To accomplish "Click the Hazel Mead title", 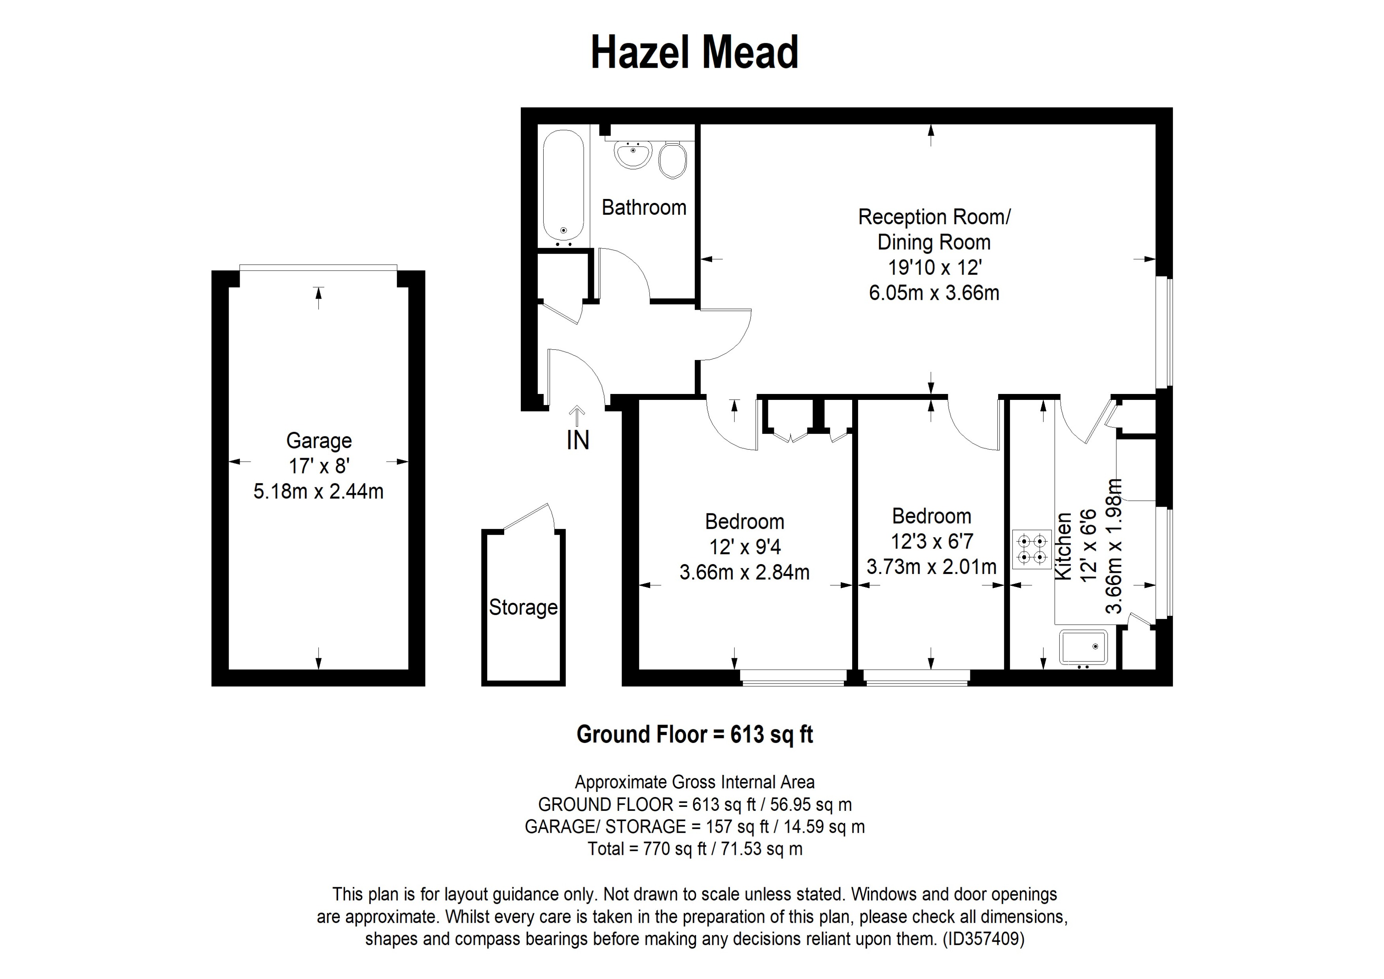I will point(694,53).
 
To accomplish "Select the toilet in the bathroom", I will point(672,160).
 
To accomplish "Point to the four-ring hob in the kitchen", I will point(1032,549).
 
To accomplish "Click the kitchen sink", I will point(1083,648).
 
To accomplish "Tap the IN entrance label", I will point(577,441).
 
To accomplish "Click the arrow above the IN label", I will point(577,415).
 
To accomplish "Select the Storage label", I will point(523,607).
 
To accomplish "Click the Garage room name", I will point(319,441).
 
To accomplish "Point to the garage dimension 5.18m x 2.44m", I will point(318,491).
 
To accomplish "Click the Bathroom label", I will point(644,207).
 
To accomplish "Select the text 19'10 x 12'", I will point(935,267).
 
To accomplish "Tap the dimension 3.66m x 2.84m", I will point(745,572).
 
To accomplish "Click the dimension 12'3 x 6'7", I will point(932,542).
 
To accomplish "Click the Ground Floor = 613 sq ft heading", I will point(694,734).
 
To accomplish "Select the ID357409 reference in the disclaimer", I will point(983,939).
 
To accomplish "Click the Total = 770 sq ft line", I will point(694,849).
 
